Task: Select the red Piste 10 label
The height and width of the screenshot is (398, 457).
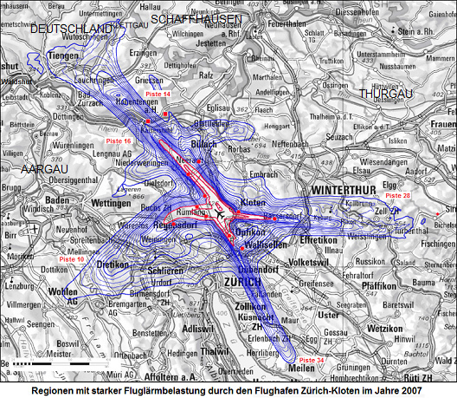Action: click(x=72, y=259)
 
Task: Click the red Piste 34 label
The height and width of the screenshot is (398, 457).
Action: click(x=312, y=359)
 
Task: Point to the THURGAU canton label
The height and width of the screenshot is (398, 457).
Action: click(x=383, y=93)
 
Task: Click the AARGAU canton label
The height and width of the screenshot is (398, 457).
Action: click(x=44, y=168)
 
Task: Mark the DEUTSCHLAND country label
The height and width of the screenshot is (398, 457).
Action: click(x=72, y=29)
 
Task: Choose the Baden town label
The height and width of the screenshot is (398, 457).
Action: click(x=57, y=200)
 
